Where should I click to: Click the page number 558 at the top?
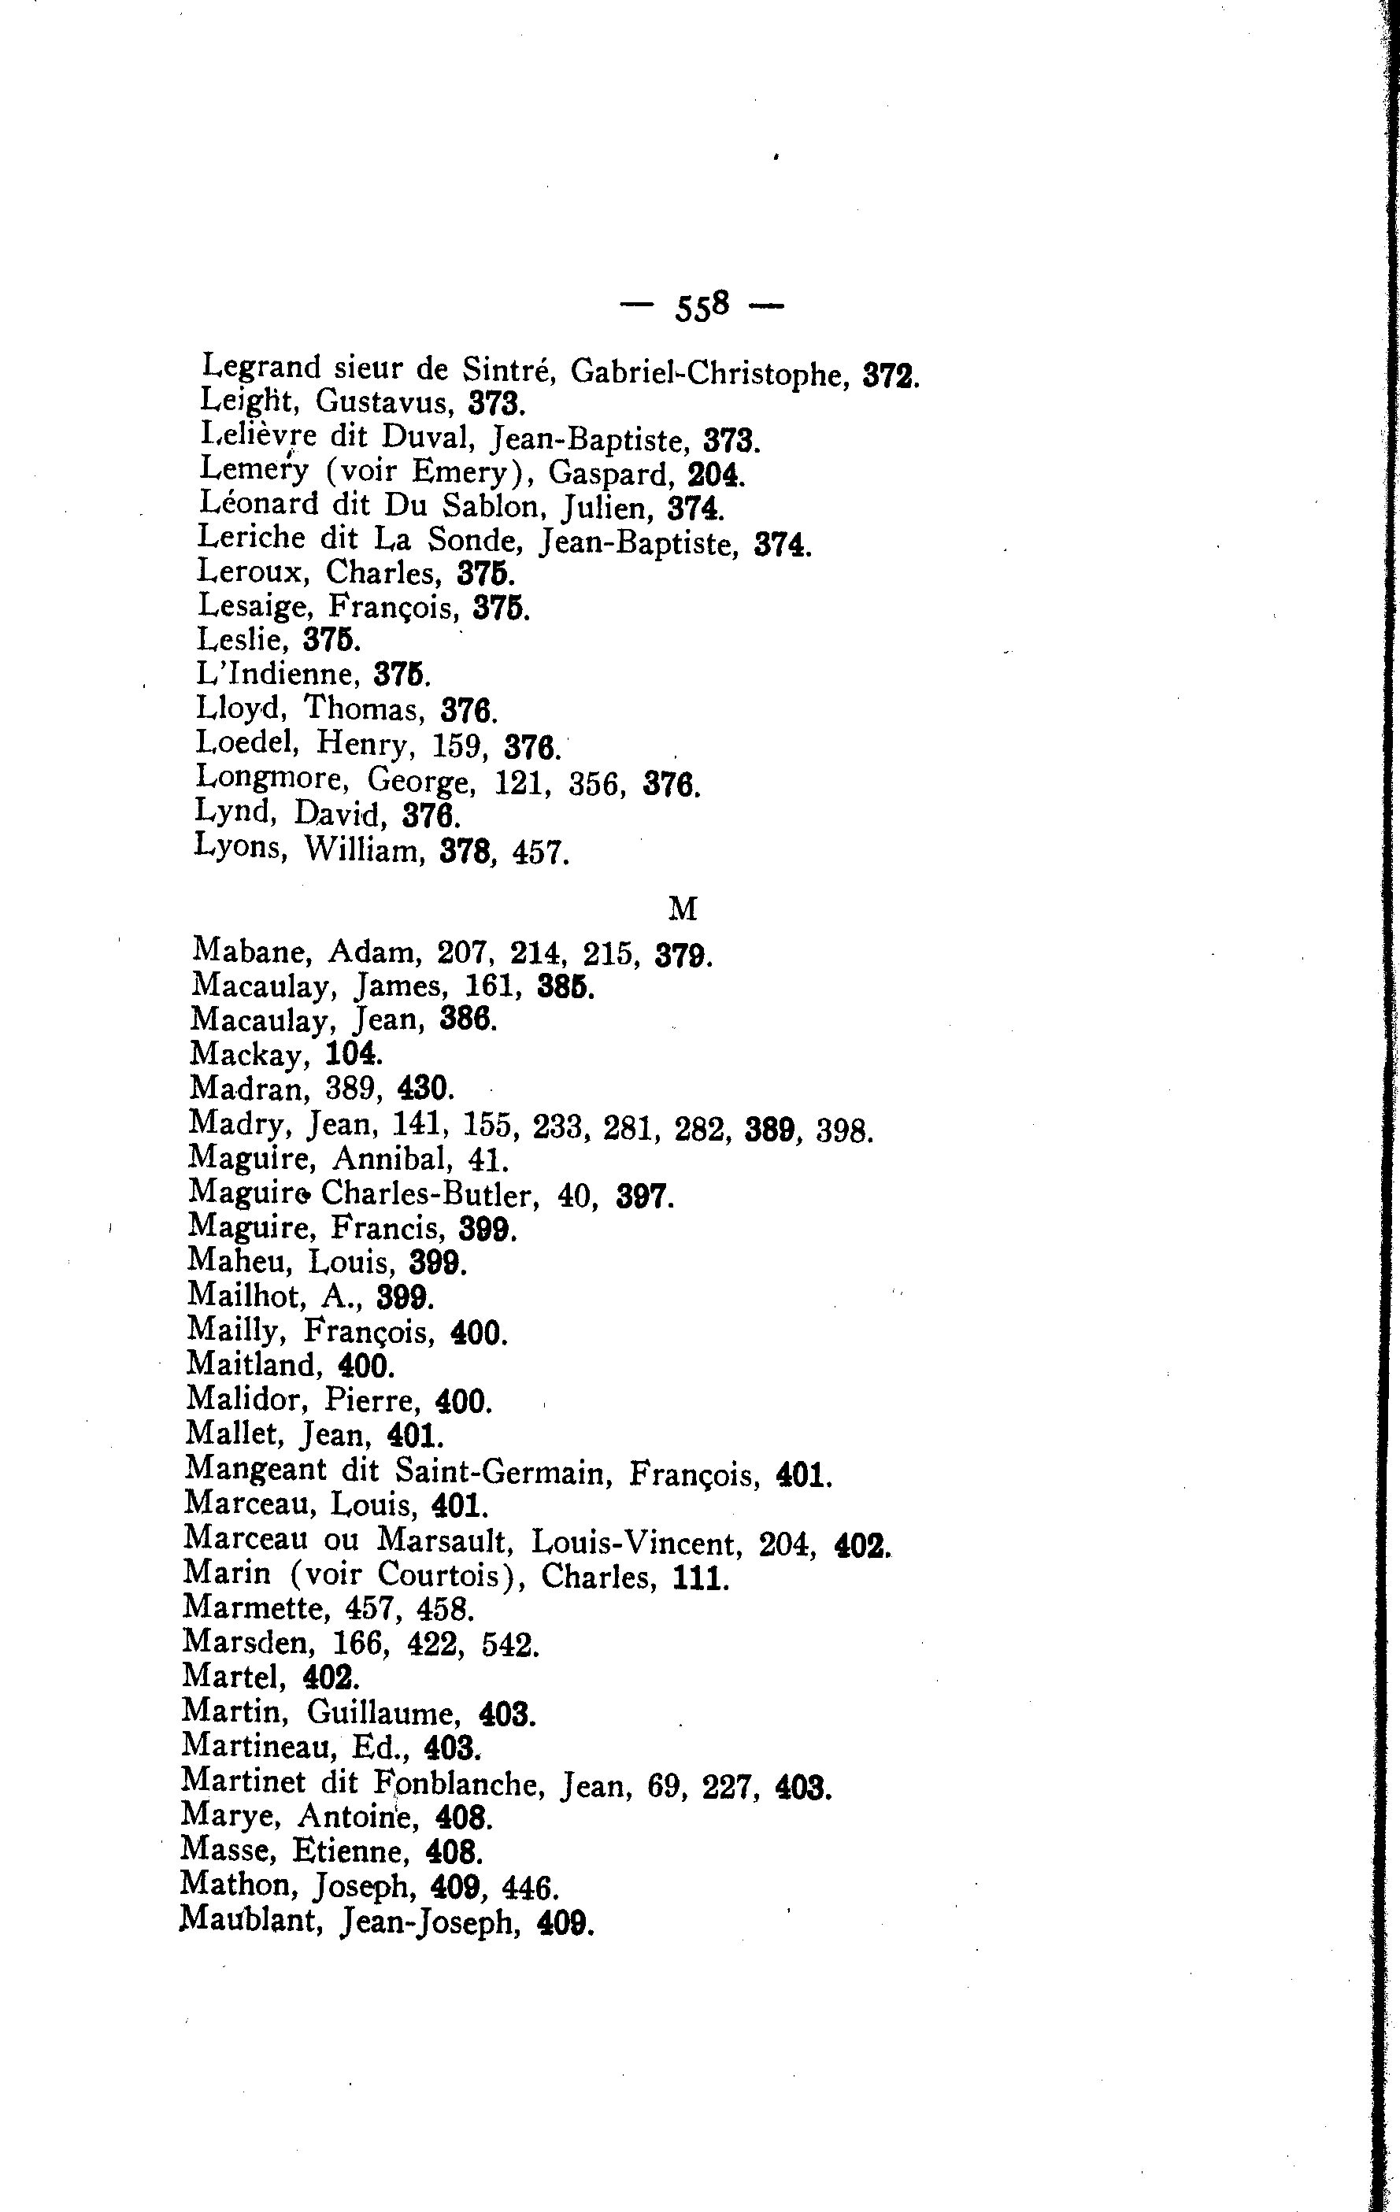(702, 306)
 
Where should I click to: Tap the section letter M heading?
(683, 908)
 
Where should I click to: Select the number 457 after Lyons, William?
(540, 853)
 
